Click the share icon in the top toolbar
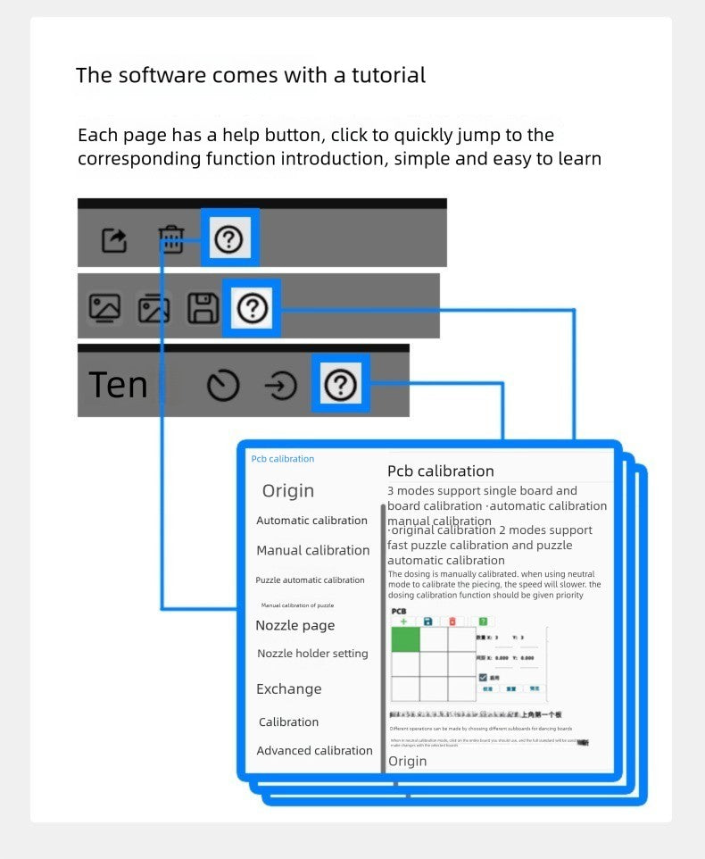point(114,240)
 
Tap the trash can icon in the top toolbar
point(170,238)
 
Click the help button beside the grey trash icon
point(229,238)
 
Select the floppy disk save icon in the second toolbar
point(203,308)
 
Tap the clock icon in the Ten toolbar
point(223,386)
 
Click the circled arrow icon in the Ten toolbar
point(281,386)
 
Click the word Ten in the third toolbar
point(118,385)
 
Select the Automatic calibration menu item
point(311,521)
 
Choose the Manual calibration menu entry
point(312,550)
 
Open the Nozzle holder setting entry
point(312,654)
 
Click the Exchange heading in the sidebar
point(288,689)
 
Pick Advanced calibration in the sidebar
point(314,751)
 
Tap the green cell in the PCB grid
point(406,639)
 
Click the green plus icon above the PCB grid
point(403,621)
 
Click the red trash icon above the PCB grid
point(452,621)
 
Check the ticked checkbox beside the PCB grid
point(483,678)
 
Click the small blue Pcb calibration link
point(283,459)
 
